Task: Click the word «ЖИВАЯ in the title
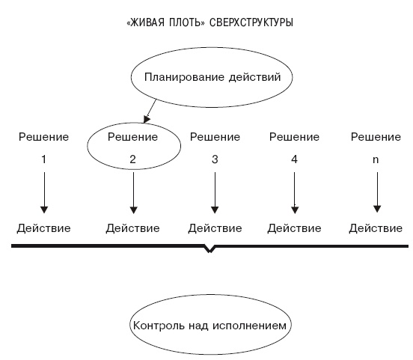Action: [x=145, y=23]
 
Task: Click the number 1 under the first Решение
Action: [x=43, y=159]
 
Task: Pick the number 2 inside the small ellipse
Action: [x=132, y=159]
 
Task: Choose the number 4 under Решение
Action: [x=294, y=159]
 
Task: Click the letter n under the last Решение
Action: [x=375, y=159]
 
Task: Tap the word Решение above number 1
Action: [x=43, y=137]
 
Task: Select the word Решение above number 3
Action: [x=215, y=137]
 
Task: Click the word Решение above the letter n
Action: [x=376, y=137]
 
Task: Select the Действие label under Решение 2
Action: [x=132, y=228]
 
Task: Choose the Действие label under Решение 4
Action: [x=294, y=228]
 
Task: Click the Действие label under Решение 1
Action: [x=44, y=228]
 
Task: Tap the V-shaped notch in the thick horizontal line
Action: [x=209, y=249]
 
